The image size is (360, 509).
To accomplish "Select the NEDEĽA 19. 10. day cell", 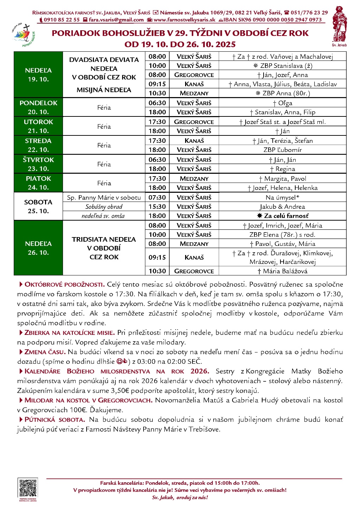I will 38,75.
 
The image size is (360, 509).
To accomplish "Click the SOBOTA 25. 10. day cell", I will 38,206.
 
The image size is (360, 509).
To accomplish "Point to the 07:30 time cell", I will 157,197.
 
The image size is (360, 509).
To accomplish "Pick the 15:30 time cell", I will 157,206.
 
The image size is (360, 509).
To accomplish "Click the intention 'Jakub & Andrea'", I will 282,206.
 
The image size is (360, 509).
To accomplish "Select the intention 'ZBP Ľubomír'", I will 283,149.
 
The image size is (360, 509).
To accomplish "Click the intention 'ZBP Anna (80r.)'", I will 283,93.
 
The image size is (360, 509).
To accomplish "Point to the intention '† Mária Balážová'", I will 283,271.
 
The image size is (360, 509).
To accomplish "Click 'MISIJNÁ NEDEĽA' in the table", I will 104,90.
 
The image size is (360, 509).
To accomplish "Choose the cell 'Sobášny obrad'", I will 104,206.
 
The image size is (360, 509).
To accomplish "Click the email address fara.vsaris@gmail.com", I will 116,20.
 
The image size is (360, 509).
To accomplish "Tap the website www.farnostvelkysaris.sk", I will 184,20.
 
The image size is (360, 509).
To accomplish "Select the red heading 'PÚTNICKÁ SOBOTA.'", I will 55,419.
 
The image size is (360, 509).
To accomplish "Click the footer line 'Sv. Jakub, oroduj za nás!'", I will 180,497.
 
